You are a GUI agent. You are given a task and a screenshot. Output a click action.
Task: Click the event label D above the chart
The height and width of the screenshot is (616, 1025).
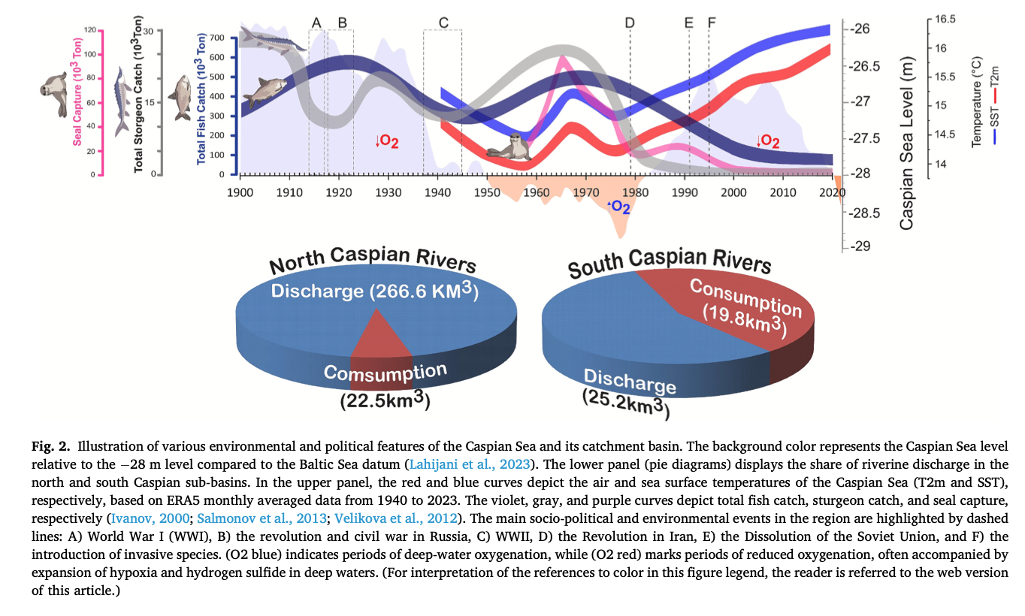pyautogui.click(x=630, y=23)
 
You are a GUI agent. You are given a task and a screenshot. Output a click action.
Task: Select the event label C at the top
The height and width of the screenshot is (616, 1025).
pyautogui.click(x=443, y=23)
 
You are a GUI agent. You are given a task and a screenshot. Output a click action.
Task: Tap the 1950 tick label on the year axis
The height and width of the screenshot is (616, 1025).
pyautogui.click(x=487, y=192)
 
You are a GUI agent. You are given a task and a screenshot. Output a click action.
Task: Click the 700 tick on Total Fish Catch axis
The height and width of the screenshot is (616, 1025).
pyautogui.click(x=218, y=38)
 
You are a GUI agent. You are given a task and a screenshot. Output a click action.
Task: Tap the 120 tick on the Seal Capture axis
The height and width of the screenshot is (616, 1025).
pyautogui.click(x=91, y=30)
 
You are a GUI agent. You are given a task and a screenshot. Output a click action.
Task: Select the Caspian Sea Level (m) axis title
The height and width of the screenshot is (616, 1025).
pyautogui.click(x=906, y=143)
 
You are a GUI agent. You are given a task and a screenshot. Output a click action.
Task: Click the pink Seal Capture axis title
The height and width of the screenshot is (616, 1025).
pyautogui.click(x=77, y=101)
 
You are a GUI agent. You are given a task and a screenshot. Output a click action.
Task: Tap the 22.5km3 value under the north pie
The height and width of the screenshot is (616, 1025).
pyautogui.click(x=385, y=400)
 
